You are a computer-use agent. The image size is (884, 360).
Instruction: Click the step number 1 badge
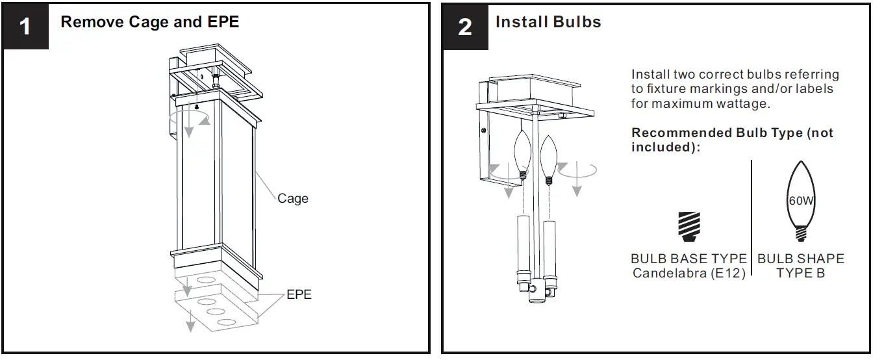click(x=25, y=27)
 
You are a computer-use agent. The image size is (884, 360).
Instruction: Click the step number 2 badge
click(x=465, y=27)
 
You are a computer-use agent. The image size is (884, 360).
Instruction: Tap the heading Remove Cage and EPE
click(x=149, y=22)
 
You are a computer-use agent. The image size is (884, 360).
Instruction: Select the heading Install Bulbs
click(x=548, y=22)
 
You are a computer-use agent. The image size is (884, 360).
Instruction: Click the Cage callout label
click(x=292, y=199)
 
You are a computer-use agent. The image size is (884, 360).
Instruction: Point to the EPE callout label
click(x=299, y=294)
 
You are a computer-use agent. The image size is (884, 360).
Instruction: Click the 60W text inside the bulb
click(x=800, y=201)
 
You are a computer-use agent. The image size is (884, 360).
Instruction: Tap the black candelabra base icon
click(x=688, y=226)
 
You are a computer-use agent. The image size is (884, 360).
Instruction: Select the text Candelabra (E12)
click(x=688, y=273)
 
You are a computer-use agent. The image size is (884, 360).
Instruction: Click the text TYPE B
click(x=800, y=273)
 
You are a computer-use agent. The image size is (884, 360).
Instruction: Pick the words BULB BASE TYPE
click(x=688, y=259)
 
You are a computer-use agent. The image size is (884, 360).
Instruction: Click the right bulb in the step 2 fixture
click(x=549, y=156)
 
